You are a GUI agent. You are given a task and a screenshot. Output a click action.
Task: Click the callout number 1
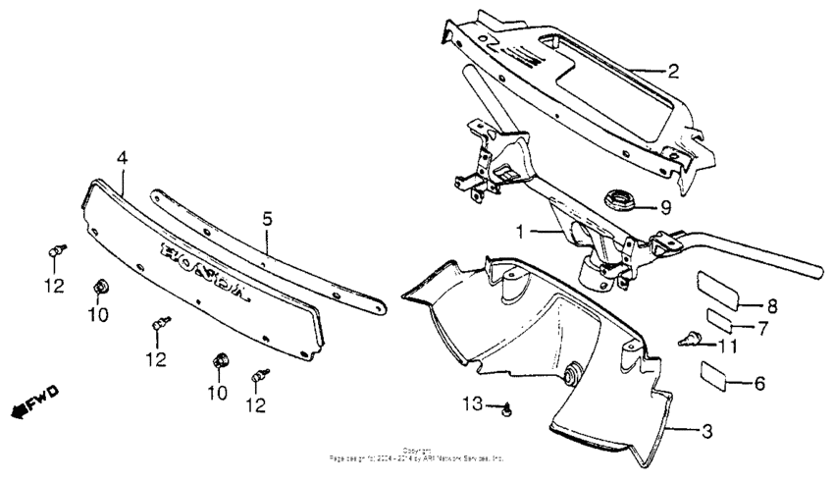(523, 232)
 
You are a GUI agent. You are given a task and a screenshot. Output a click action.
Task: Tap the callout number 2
(673, 71)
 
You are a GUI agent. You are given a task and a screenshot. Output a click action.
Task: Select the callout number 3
(706, 429)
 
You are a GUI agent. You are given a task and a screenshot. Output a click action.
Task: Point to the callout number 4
(122, 158)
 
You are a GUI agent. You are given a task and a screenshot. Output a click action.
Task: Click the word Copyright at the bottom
(416, 451)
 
